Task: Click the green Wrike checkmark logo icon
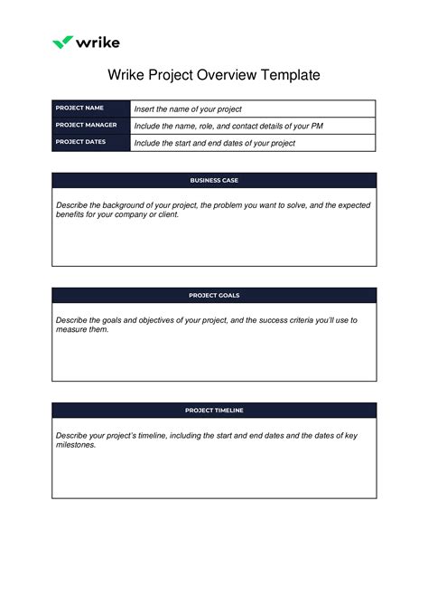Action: tap(61, 42)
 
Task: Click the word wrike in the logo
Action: tap(98, 42)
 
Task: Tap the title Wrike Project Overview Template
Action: tap(214, 75)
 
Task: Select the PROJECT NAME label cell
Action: tap(90, 109)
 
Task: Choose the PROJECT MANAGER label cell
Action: tap(90, 126)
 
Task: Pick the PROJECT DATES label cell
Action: tap(90, 142)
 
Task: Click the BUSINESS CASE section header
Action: tap(214, 180)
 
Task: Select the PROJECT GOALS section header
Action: tap(214, 295)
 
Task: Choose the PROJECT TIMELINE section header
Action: tap(214, 410)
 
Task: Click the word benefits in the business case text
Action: tap(71, 215)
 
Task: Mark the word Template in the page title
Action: tap(291, 75)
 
